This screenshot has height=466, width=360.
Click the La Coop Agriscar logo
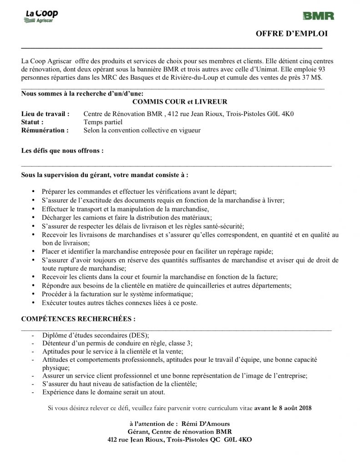click(41, 17)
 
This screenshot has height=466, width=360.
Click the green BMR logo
click(318, 16)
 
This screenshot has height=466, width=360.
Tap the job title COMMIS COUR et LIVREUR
click(180, 102)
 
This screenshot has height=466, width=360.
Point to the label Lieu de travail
click(46, 113)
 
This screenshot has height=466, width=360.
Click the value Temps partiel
click(103, 122)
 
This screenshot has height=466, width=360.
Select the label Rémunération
click(45, 130)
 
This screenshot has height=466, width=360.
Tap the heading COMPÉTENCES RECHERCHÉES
click(78, 319)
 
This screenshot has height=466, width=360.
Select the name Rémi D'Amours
click(208, 424)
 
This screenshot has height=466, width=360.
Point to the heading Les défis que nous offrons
click(62, 150)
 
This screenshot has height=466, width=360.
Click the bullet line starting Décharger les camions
click(127, 218)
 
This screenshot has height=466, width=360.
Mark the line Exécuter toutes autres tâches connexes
click(120, 303)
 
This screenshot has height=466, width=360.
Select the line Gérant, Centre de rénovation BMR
click(180, 432)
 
